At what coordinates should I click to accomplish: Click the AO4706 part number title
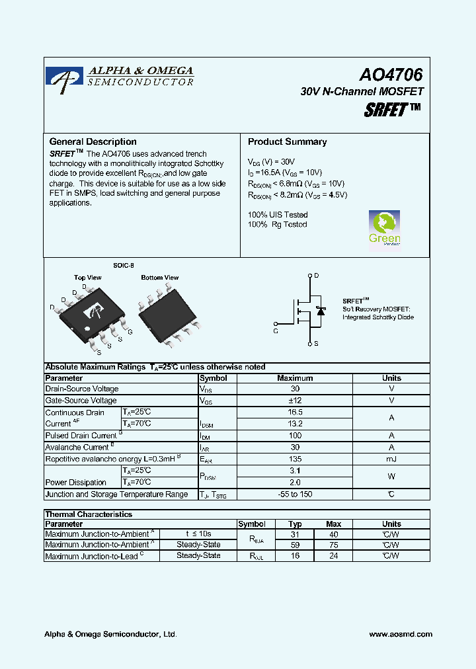pos(391,76)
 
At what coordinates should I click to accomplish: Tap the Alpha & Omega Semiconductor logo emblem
pos(65,78)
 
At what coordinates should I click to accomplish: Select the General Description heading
pos(93,141)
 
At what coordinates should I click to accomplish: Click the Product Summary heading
pos(287,141)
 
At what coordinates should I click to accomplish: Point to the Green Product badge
pos(384,229)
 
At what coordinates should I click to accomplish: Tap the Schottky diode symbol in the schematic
pos(321,310)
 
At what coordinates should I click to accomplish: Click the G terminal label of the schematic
pos(275,331)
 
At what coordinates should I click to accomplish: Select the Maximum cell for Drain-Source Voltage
pos(295,389)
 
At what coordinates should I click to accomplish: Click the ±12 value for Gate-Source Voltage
pos(295,401)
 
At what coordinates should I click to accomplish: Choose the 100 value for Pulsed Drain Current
pos(295,436)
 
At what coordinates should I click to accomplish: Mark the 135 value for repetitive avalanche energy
pos(295,459)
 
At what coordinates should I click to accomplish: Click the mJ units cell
pos(391,459)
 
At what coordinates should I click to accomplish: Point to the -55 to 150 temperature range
pos(295,494)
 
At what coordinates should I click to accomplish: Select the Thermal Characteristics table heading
pos(89,514)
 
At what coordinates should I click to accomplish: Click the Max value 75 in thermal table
pos(334,545)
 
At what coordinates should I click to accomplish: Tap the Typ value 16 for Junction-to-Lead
pos(295,556)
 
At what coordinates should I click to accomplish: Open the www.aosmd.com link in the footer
pos(401,634)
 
